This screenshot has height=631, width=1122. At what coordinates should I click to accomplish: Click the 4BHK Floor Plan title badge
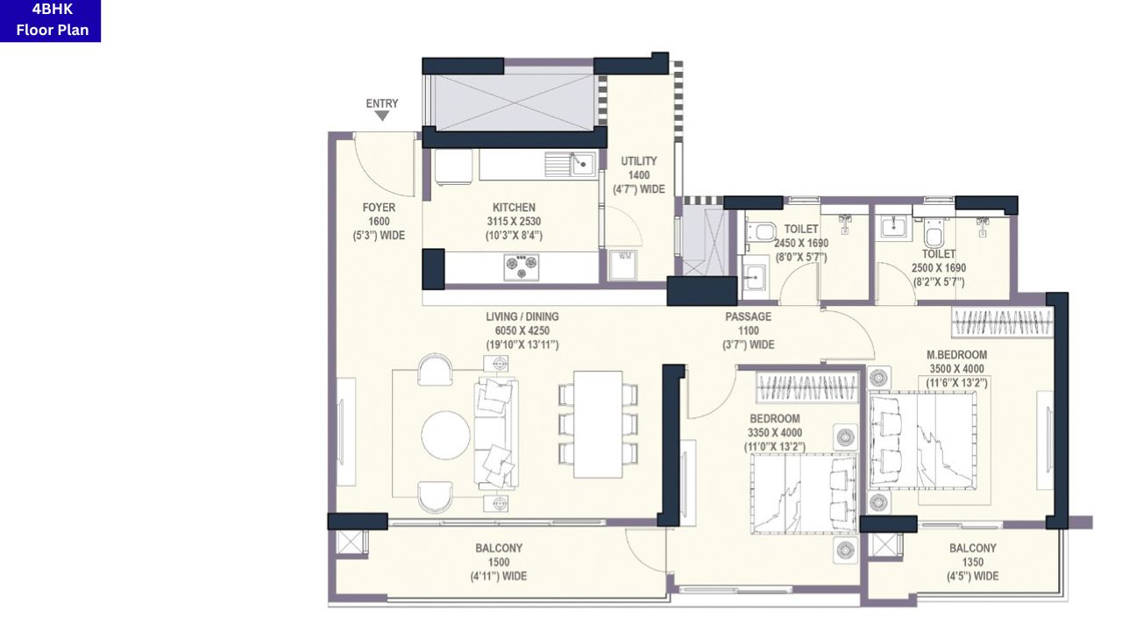51,21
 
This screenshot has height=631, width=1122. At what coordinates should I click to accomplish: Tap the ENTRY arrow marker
382,115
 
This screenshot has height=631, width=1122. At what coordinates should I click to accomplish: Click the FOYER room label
379,208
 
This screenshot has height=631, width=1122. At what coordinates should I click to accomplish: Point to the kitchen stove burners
521,266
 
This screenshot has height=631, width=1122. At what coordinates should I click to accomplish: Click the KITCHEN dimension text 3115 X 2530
514,222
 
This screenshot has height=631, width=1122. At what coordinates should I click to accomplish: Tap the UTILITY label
639,161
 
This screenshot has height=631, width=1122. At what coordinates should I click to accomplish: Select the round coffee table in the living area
445,435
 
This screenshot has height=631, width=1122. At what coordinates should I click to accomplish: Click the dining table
598,424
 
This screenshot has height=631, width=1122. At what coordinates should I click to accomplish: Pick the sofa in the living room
496,433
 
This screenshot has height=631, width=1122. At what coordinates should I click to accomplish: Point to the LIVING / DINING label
522,316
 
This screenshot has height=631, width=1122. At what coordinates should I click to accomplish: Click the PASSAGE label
748,316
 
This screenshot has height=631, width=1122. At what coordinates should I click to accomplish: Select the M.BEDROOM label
956,355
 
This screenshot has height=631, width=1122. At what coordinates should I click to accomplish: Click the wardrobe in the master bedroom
1001,323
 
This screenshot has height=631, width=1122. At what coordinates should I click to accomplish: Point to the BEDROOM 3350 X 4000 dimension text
774,433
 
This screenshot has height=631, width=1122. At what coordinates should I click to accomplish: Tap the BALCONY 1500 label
499,548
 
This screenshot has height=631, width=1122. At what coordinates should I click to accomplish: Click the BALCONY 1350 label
972,548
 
